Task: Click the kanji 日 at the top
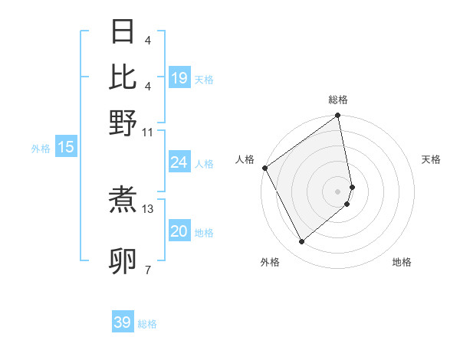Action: click(x=123, y=32)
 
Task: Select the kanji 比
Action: click(x=123, y=77)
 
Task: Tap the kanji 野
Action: click(x=123, y=123)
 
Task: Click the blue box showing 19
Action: click(x=179, y=78)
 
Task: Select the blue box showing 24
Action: click(x=179, y=162)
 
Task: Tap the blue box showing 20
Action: click(x=179, y=231)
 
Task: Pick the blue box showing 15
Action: click(x=66, y=147)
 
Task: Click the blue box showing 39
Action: click(x=123, y=322)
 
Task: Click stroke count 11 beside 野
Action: click(x=148, y=132)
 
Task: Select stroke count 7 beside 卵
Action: click(x=147, y=270)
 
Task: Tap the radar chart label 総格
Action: click(x=338, y=100)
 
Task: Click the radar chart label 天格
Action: click(x=431, y=159)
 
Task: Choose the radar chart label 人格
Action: click(x=245, y=159)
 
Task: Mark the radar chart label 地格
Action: click(x=402, y=262)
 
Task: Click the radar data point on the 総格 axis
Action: click(x=338, y=116)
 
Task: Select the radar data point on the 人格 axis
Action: click(x=264, y=168)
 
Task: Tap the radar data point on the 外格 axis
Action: click(x=301, y=241)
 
